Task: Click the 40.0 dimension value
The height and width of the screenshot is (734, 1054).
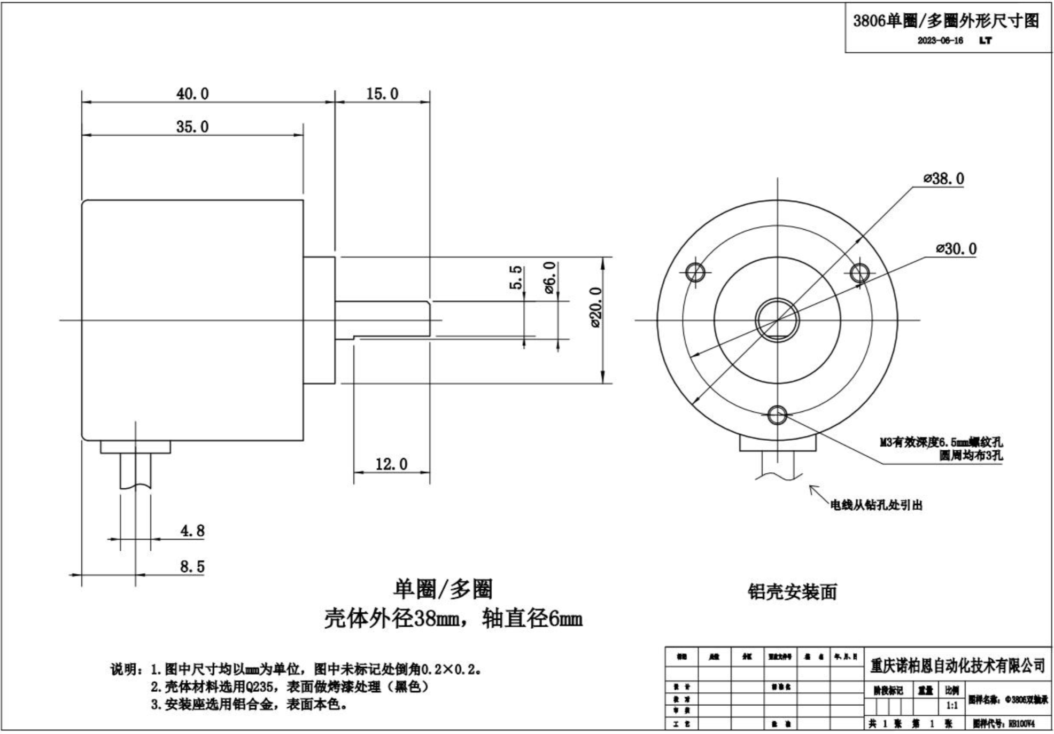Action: point(192,94)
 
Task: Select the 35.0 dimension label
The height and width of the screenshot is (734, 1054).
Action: point(192,127)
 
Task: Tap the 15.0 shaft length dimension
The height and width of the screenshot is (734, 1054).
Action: point(382,94)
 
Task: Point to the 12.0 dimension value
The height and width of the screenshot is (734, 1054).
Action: point(391,464)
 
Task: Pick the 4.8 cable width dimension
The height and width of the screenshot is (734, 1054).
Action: point(192,531)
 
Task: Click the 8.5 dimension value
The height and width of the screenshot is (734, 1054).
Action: point(192,566)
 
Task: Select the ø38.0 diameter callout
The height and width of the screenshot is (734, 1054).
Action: point(944,178)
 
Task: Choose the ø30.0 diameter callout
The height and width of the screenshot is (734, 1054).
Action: point(956,249)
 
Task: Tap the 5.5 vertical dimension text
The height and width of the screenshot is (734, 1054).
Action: point(515,277)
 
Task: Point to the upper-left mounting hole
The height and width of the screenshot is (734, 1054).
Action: point(695,272)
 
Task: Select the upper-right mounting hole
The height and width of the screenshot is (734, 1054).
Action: point(859,272)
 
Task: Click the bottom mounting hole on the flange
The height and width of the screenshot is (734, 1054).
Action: point(777,415)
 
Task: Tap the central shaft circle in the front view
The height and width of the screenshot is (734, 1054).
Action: point(777,321)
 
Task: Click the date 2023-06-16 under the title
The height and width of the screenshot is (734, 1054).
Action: point(940,41)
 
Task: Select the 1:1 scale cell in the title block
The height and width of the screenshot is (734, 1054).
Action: point(952,705)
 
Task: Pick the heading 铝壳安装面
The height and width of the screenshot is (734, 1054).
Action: point(792,592)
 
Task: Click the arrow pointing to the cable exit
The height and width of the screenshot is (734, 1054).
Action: point(816,492)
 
